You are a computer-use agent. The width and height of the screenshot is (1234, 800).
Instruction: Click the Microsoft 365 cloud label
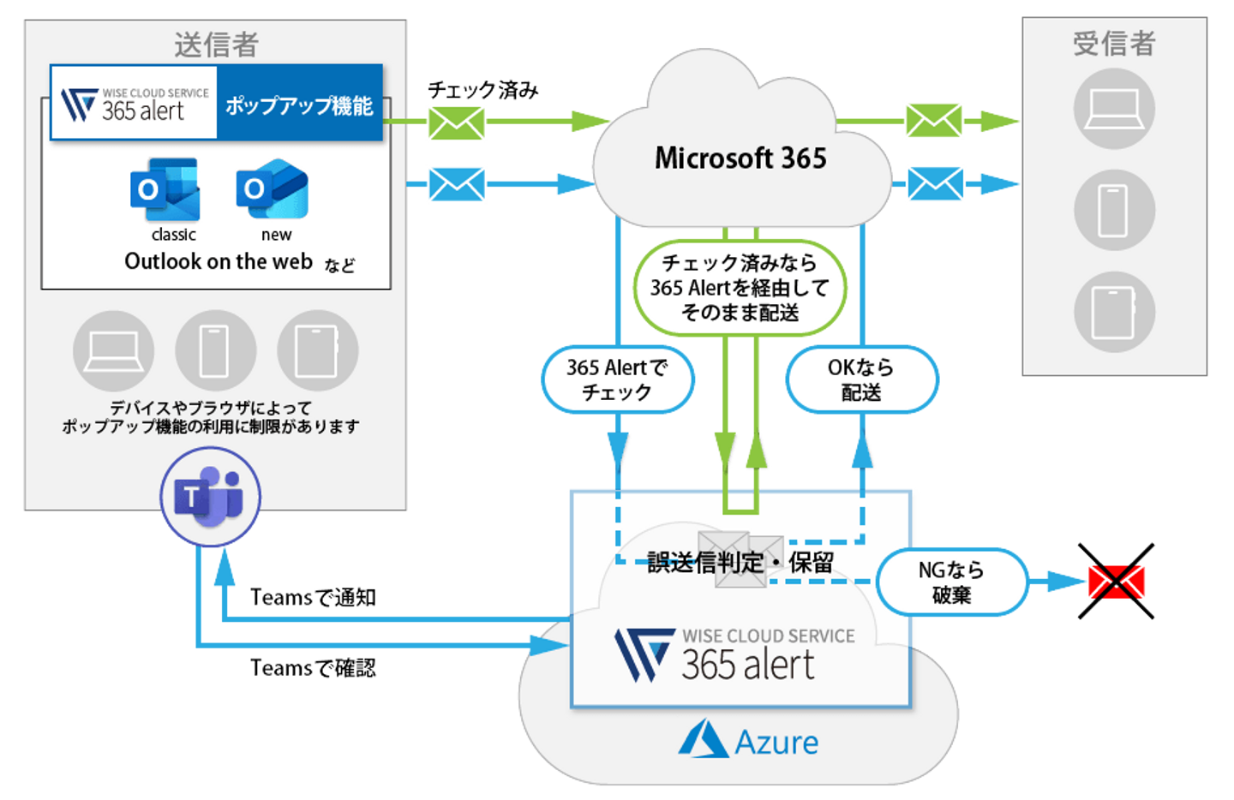(740, 158)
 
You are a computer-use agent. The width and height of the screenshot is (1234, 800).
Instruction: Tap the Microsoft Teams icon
(209, 496)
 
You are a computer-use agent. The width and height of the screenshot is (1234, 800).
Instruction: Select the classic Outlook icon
(165, 189)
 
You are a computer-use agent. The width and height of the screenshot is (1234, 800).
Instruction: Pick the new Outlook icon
(273, 189)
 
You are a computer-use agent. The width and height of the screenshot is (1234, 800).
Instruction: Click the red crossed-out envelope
(1116, 582)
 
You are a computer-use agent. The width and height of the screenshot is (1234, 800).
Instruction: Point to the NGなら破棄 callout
(951, 582)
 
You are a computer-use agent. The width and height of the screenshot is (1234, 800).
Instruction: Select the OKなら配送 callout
(861, 379)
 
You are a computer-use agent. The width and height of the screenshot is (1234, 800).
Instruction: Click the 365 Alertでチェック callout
(617, 379)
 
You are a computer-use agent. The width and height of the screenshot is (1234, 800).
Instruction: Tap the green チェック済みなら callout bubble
(740, 288)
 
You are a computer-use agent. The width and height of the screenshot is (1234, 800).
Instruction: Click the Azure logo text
(776, 742)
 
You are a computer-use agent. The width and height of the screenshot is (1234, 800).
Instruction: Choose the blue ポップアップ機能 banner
(299, 105)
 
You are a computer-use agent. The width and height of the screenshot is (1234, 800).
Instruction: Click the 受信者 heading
(1114, 43)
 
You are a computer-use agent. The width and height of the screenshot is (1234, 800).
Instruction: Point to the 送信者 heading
(216, 45)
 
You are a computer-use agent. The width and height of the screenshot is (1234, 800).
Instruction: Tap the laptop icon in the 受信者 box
(1114, 109)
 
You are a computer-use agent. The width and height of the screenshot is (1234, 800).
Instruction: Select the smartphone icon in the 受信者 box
(1114, 210)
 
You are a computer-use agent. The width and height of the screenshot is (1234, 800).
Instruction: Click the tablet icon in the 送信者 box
(317, 350)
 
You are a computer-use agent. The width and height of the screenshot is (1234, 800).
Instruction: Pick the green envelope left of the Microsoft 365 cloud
(457, 122)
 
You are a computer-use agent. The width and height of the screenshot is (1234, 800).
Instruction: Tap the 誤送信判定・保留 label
(740, 563)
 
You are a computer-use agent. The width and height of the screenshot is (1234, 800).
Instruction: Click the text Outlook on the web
(219, 261)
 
